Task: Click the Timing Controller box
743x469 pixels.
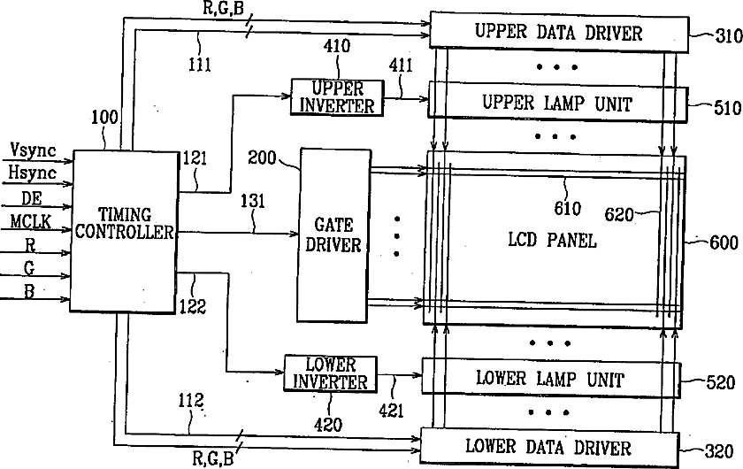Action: click(123, 230)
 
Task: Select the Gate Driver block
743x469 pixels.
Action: click(333, 234)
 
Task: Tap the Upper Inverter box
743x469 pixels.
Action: click(336, 96)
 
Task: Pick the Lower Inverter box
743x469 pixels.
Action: click(330, 373)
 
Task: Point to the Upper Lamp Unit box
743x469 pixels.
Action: click(557, 103)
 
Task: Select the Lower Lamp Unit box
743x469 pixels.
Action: click(549, 380)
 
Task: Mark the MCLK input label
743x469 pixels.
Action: click(31, 219)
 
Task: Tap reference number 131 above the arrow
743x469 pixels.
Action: click(252, 203)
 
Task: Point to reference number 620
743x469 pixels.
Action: click(619, 214)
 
